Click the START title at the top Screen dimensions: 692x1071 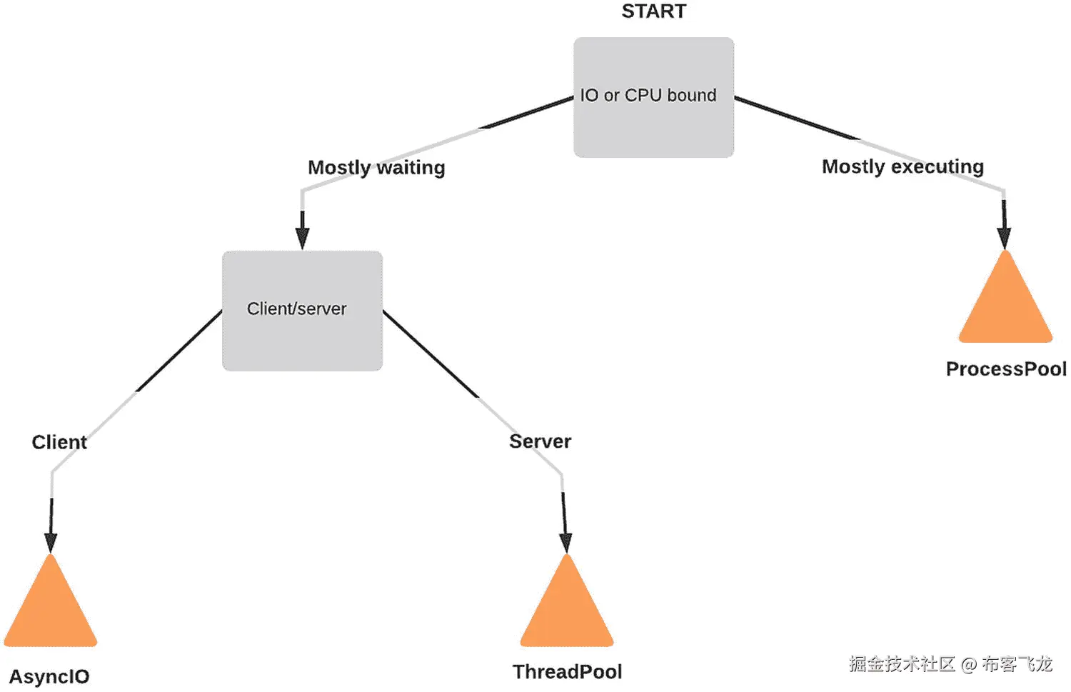pyautogui.click(x=653, y=11)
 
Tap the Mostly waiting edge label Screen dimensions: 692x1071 pyautogui.click(x=376, y=167)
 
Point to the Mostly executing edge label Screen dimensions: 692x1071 pyautogui.click(x=902, y=166)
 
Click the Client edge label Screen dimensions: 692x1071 pyautogui.click(x=59, y=442)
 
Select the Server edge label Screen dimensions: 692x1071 pyautogui.click(x=540, y=441)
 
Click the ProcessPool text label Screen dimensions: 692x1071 pyautogui.click(x=1006, y=369)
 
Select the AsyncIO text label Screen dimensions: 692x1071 pyautogui.click(x=49, y=676)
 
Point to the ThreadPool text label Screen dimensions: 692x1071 pyautogui.click(x=567, y=672)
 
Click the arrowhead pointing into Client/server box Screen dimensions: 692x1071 pyautogui.click(x=303, y=239)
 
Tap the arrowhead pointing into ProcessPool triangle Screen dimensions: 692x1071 pyautogui.click(x=1005, y=237)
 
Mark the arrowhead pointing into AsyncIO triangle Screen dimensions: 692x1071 pyautogui.click(x=51, y=542)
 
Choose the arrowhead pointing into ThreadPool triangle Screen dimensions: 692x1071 pyautogui.click(x=565, y=542)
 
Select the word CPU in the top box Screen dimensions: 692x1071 pyautogui.click(x=643, y=95)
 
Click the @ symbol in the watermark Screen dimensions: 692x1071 pyautogui.click(x=969, y=665)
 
